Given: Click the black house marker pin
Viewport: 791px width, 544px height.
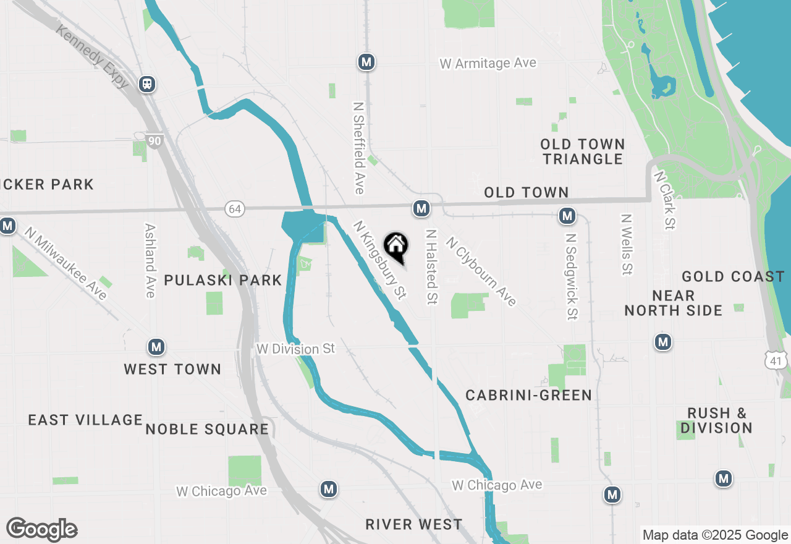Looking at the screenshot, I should (x=395, y=246).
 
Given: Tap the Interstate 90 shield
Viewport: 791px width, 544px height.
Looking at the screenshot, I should (x=154, y=142).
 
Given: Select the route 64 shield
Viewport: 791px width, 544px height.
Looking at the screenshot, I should (x=234, y=209).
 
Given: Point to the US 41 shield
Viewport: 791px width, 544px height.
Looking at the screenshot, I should (x=775, y=360).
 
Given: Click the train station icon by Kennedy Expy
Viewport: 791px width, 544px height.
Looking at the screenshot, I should (x=147, y=83).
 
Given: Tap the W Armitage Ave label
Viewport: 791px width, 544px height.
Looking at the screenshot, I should (x=488, y=63).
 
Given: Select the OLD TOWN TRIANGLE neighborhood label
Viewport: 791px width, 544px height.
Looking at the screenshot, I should (x=582, y=151).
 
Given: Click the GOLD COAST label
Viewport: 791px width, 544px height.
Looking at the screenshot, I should (x=733, y=276).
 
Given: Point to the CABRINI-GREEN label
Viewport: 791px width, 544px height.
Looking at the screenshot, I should (x=528, y=395).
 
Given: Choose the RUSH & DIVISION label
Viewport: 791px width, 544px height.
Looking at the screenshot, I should (x=717, y=420).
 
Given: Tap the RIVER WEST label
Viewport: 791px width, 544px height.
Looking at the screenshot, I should (x=413, y=525).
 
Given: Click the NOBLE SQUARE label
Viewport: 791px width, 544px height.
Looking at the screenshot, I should (x=207, y=429).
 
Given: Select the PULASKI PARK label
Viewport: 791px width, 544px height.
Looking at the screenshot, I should (x=222, y=280).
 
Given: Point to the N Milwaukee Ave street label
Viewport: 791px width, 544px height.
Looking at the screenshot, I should (x=66, y=263).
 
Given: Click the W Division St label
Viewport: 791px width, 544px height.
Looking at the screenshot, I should (x=295, y=349).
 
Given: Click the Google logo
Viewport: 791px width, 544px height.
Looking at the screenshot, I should (x=41, y=530).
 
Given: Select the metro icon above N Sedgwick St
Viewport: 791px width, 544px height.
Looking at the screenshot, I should (x=567, y=216).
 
